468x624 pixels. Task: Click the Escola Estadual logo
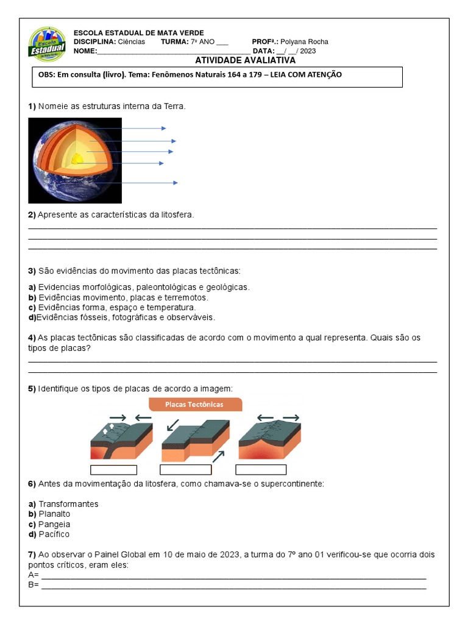[x=47, y=44]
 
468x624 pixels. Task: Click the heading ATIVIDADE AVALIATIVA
[x=245, y=60]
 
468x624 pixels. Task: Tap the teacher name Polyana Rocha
[x=304, y=41]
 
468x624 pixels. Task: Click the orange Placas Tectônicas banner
[x=195, y=404]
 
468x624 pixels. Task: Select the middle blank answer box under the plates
[x=185, y=469]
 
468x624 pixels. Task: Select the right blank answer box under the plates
[x=261, y=469]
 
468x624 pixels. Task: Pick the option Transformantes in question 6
[x=68, y=504]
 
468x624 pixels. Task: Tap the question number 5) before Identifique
[x=32, y=388]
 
